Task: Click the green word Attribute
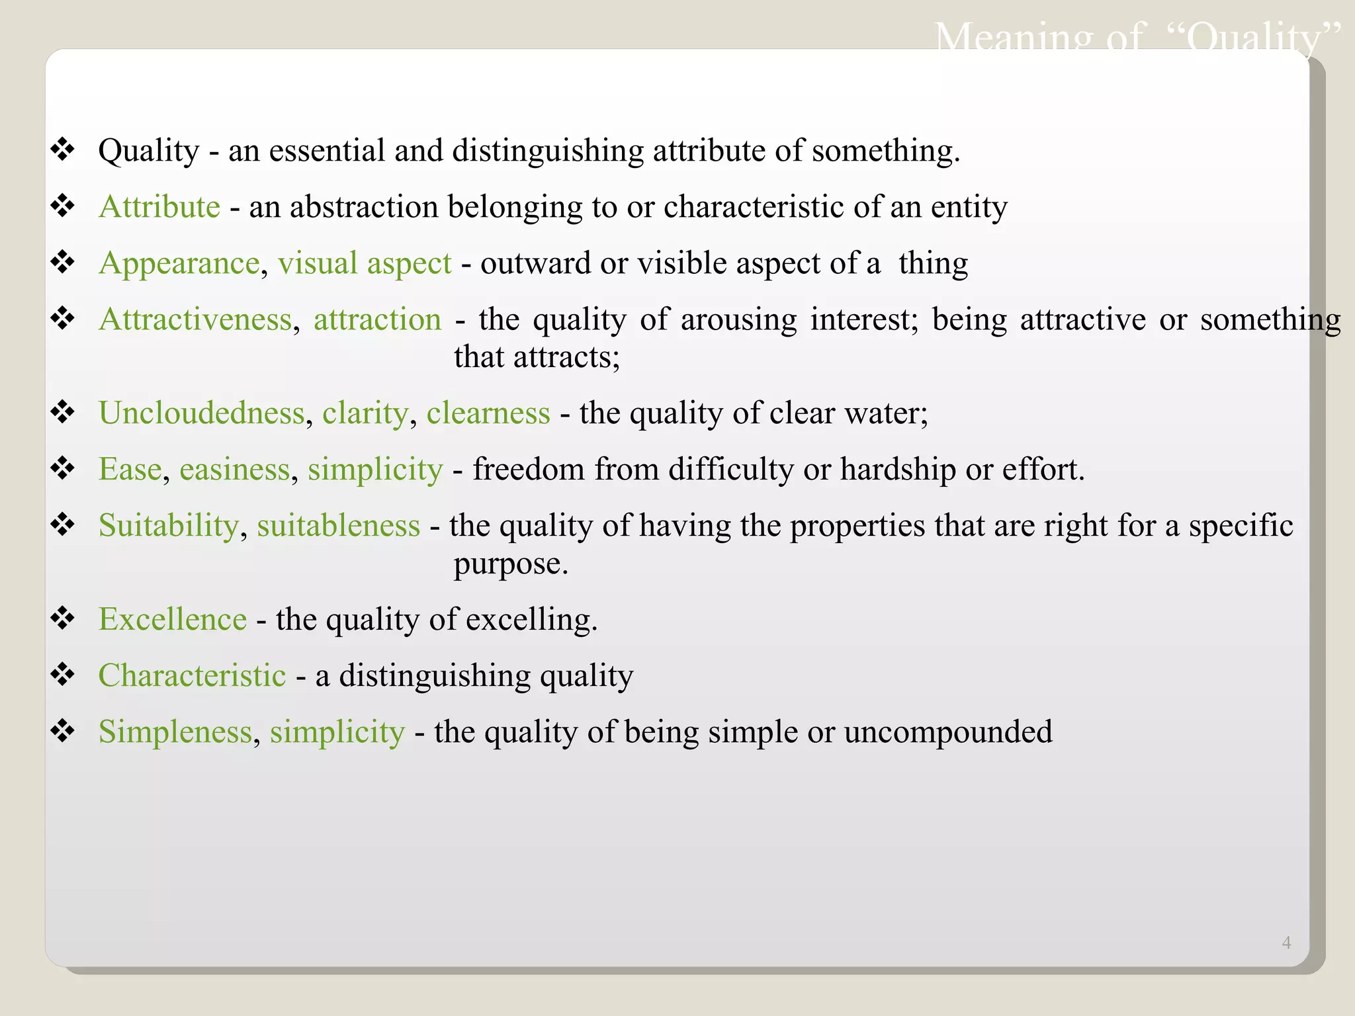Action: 159,207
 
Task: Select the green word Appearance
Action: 179,264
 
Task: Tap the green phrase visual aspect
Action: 365,264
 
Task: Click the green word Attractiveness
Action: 195,320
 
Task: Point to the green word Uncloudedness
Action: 201,413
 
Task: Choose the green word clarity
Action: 365,414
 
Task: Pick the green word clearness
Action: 488,413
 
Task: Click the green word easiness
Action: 234,470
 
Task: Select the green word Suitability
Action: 168,526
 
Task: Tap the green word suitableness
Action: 338,526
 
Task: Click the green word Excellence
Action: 172,620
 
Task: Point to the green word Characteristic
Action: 192,676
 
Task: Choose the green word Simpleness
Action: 175,732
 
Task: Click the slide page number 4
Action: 1286,943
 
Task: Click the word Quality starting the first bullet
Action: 148,151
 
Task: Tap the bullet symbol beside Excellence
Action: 63,618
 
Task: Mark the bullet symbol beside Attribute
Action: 63,206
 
